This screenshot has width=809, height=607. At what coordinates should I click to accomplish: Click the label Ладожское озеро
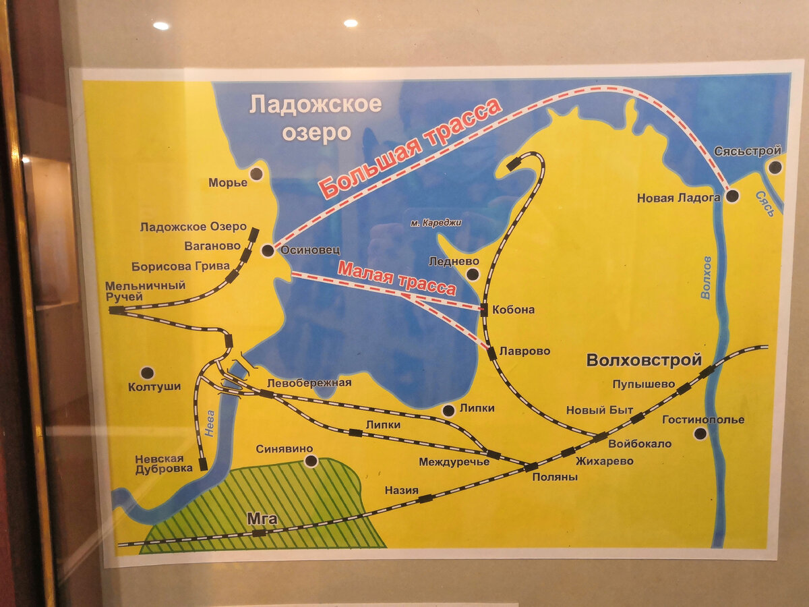315,118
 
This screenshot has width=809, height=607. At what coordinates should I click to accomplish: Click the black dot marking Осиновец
268,251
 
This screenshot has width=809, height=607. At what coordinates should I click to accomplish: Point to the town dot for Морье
256,174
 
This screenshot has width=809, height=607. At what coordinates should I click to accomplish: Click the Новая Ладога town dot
733,196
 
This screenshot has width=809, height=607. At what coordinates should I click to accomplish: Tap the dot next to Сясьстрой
775,167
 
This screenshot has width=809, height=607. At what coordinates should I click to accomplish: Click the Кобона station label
513,310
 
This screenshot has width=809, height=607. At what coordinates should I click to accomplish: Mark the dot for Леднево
473,274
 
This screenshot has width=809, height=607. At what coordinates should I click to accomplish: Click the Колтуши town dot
147,372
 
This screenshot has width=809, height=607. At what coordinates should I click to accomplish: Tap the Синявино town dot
311,461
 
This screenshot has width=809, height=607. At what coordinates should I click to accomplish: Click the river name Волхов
706,277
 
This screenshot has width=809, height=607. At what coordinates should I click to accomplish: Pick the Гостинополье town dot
700,434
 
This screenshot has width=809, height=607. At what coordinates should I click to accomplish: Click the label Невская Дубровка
159,463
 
